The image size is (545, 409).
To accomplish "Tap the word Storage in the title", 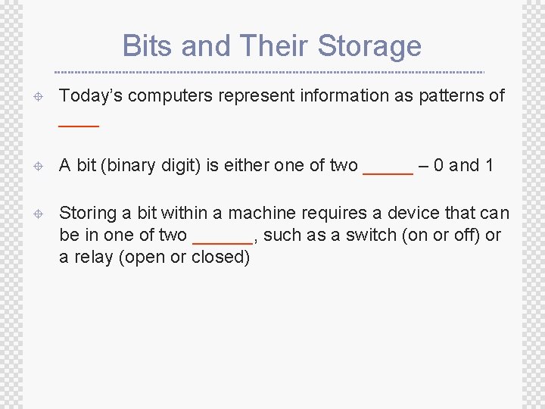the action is click(x=369, y=46).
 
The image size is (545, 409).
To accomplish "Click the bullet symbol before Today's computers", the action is click(x=39, y=96).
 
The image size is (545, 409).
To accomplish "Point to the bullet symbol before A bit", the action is click(x=39, y=166).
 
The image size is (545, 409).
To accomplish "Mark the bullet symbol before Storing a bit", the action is click(x=39, y=214).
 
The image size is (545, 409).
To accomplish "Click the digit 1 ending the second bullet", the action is click(x=488, y=165).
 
